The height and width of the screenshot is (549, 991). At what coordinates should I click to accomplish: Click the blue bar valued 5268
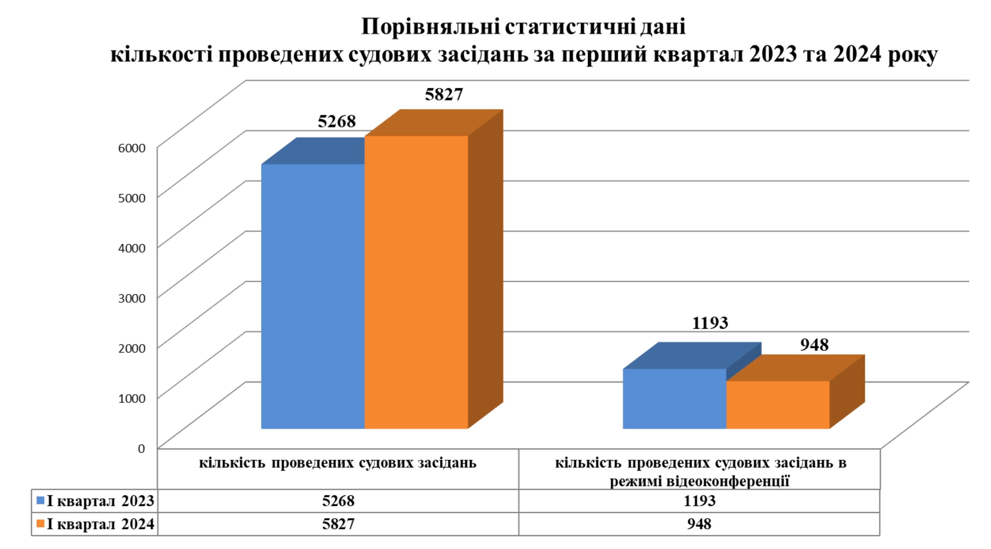pyautogui.click(x=313, y=296)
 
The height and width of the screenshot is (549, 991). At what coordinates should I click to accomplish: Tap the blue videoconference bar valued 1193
pyautogui.click(x=674, y=398)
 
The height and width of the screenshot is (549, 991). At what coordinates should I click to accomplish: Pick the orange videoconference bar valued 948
pyautogui.click(x=777, y=405)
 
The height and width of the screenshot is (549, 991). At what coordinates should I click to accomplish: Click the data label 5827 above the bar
pyautogui.click(x=444, y=95)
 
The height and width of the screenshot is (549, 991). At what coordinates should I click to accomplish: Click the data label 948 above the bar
pyautogui.click(x=815, y=345)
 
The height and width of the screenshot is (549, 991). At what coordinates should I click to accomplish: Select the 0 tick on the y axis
pyautogui.click(x=141, y=449)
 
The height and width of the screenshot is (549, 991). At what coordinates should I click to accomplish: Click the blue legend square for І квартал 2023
pyautogui.click(x=40, y=501)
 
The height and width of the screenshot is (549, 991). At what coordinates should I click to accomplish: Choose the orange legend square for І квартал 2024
pyautogui.click(x=40, y=524)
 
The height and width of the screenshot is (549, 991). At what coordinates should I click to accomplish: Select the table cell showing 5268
pyautogui.click(x=338, y=501)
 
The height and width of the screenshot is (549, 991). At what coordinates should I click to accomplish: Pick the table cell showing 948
pyautogui.click(x=699, y=524)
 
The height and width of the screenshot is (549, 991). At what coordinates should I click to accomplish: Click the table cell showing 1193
pyautogui.click(x=699, y=501)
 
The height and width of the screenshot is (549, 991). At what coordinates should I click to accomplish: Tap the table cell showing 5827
pyautogui.click(x=338, y=524)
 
